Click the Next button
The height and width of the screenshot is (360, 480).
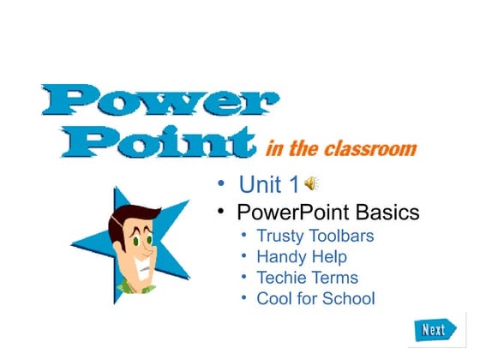pyautogui.click(x=433, y=328)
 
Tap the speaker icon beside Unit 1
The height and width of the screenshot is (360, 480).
pyautogui.click(x=312, y=182)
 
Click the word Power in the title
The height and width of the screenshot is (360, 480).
pyautogui.click(x=155, y=101)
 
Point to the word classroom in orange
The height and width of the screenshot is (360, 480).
pyautogui.click(x=375, y=149)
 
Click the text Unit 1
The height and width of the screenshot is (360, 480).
pyautogui.click(x=269, y=183)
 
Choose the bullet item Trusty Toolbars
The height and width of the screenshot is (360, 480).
pyautogui.click(x=315, y=235)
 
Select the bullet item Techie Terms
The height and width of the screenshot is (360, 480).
pyautogui.click(x=308, y=278)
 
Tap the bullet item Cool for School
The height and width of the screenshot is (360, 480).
pyautogui.click(x=315, y=299)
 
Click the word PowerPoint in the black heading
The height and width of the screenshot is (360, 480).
pyautogui.click(x=287, y=211)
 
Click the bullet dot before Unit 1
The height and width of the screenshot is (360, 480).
pyautogui.click(x=220, y=183)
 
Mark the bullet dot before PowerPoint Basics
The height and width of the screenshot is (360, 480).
pyautogui.click(x=220, y=210)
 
